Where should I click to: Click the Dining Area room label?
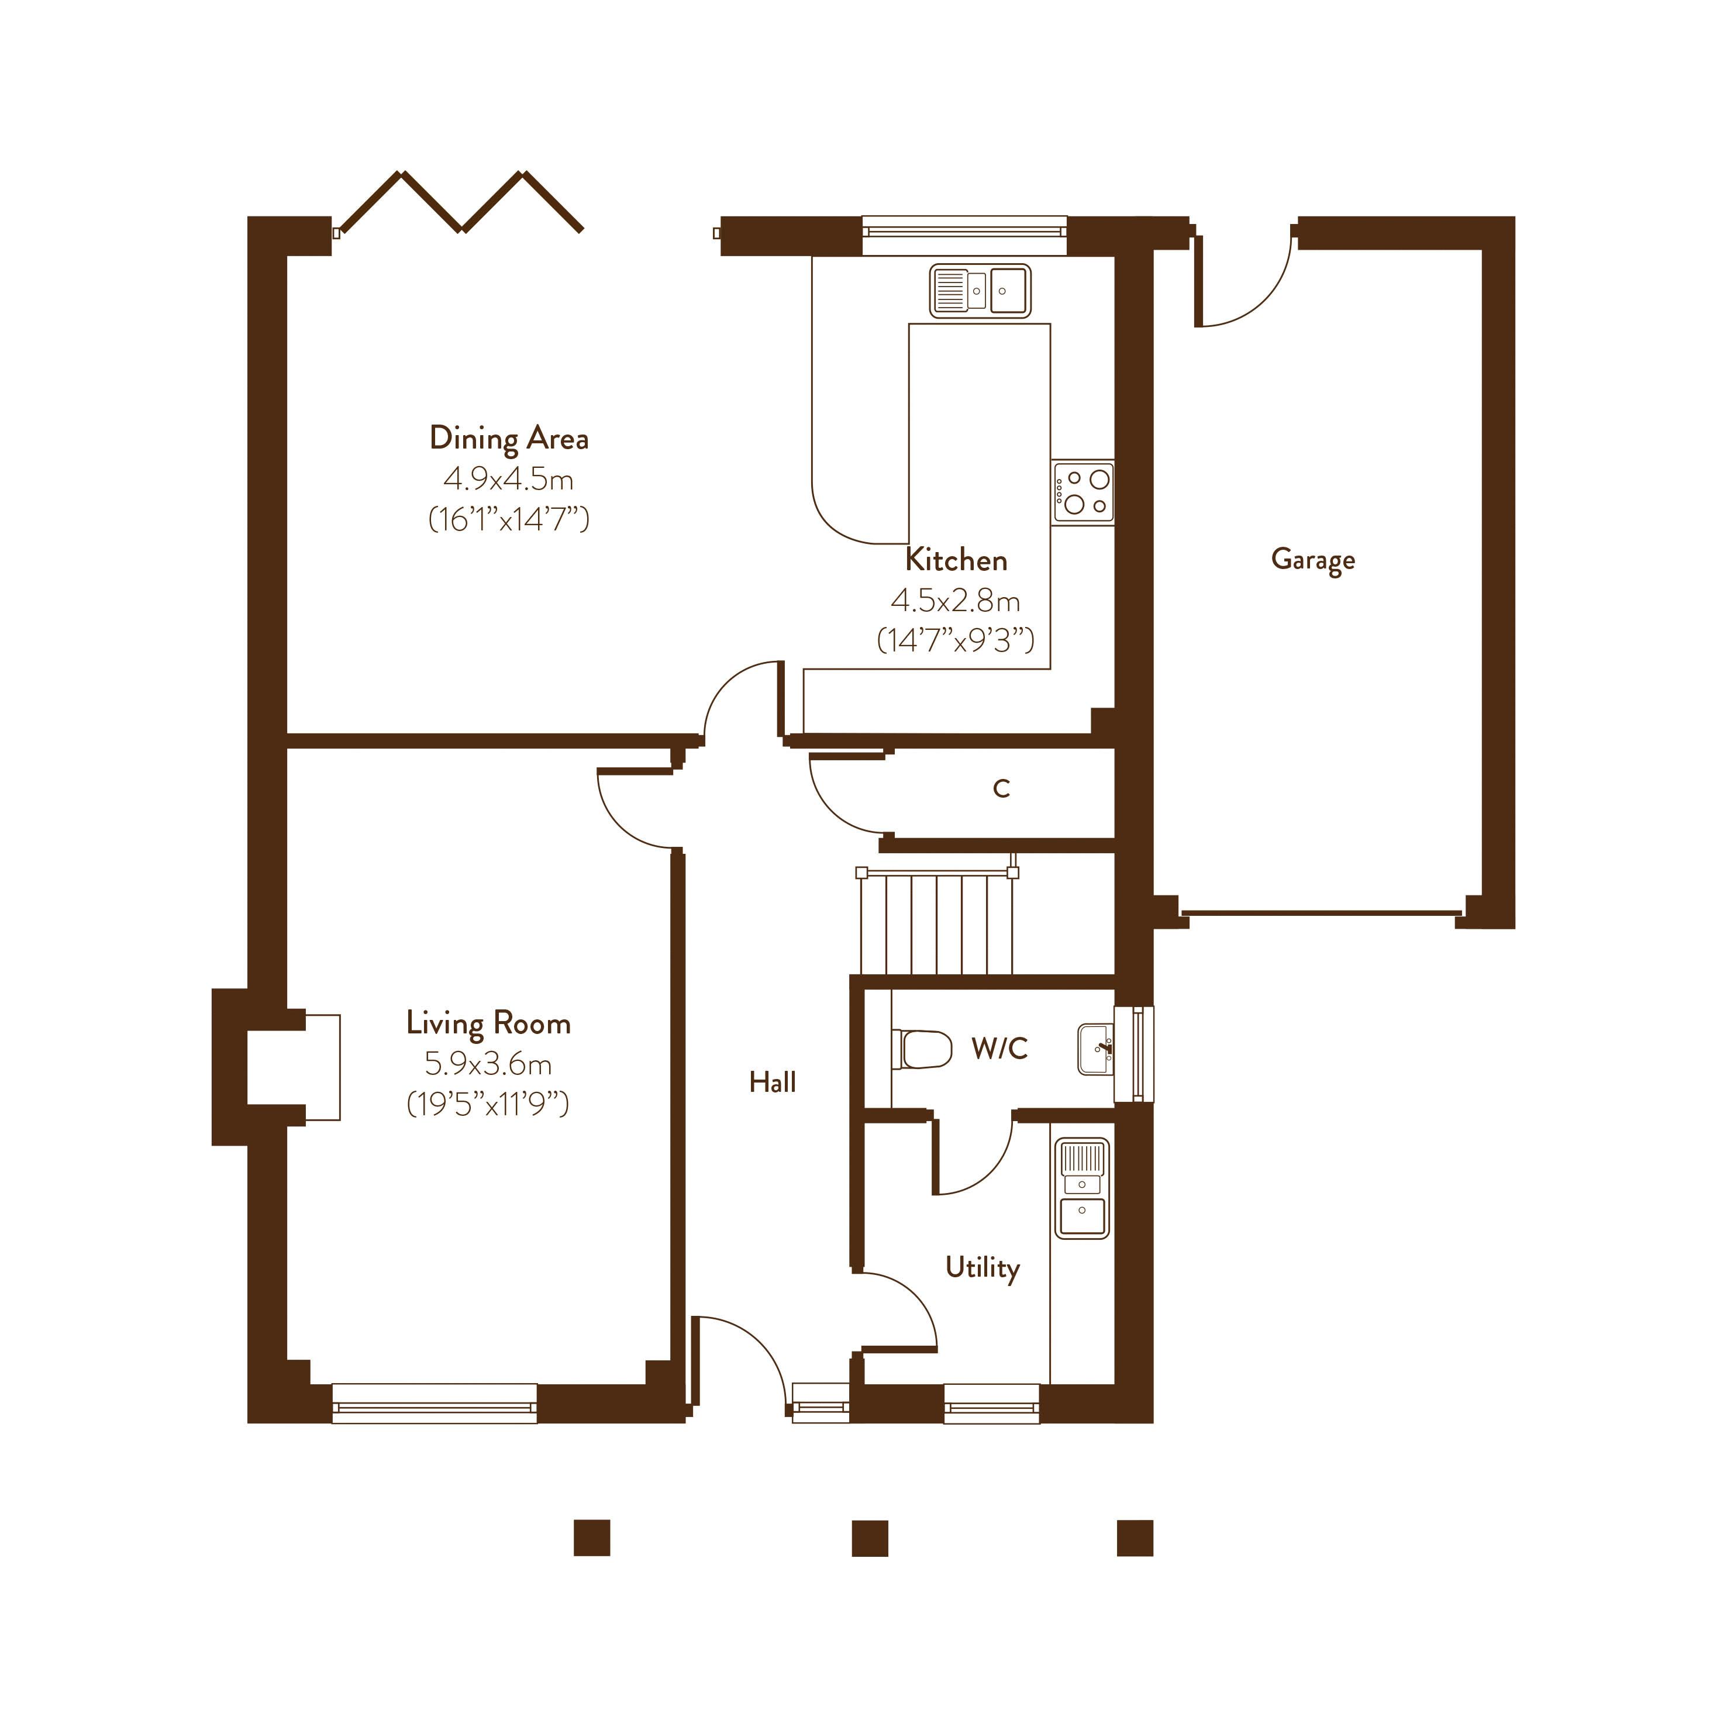pyautogui.click(x=509, y=438)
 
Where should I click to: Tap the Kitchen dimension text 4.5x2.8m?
pyautogui.click(x=956, y=601)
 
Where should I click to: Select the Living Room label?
pyautogui.click(x=488, y=1023)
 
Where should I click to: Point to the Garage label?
pyautogui.click(x=1312, y=560)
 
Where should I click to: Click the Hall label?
pyautogui.click(x=773, y=1083)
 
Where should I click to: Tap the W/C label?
pyautogui.click(x=999, y=1047)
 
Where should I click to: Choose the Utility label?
pyautogui.click(x=983, y=1267)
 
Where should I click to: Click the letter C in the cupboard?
pyautogui.click(x=1001, y=788)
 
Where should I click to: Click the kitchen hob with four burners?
pyautogui.click(x=1083, y=492)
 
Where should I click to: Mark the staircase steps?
pyautogui.click(x=937, y=924)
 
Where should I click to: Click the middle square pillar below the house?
pyautogui.click(x=870, y=1538)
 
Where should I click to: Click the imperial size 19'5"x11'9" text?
pyautogui.click(x=488, y=1104)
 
